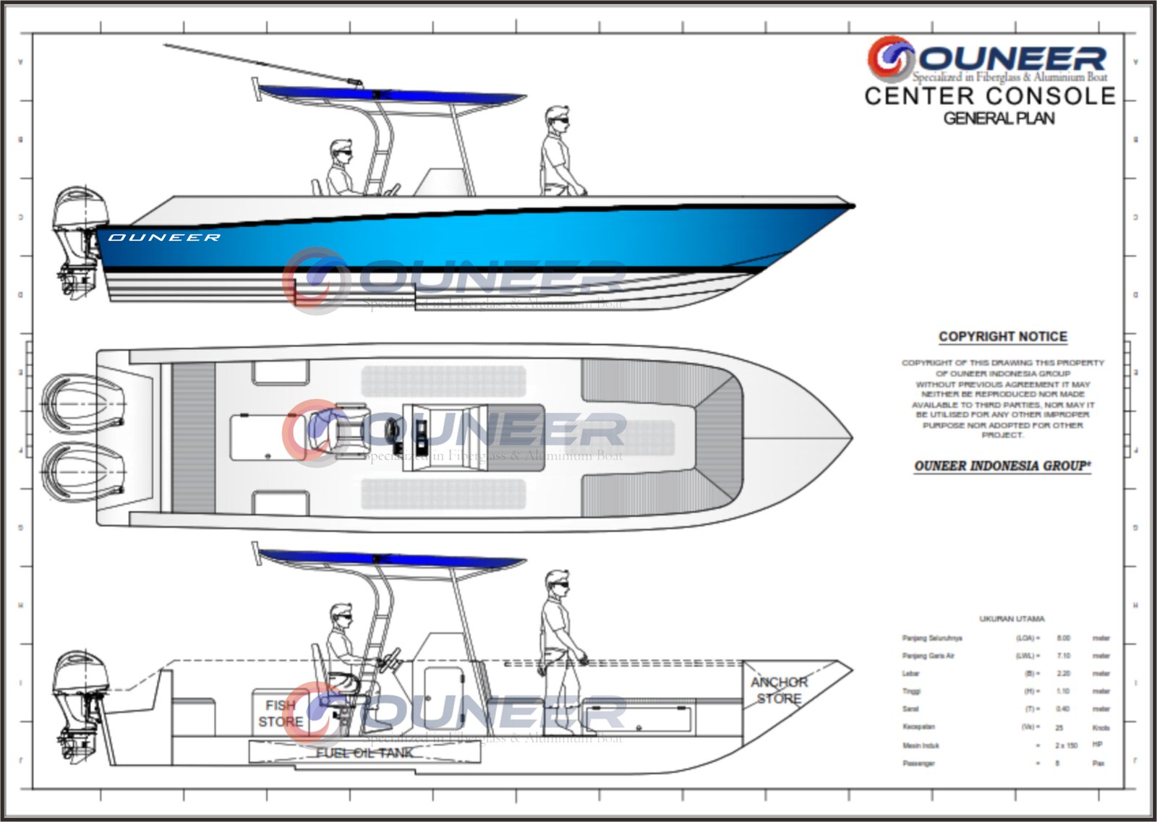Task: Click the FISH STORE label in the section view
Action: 281,714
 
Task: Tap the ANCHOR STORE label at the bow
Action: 779,690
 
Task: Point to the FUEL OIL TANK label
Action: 364,753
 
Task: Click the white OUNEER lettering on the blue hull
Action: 164,237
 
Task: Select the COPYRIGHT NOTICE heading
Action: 1002,337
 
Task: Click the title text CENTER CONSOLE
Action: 990,96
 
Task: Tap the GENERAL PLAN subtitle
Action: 999,119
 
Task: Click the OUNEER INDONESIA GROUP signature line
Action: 1002,466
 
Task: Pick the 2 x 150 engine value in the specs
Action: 1066,745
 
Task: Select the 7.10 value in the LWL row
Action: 1063,656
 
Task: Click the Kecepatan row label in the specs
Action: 918,727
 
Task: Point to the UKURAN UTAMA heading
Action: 1012,619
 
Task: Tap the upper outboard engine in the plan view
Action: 80,402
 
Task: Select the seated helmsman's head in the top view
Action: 341,152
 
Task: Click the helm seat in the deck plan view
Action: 329,432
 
